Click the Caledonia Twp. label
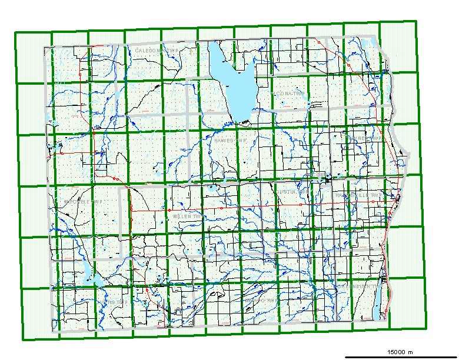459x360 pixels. [156, 51]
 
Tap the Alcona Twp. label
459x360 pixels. [286, 94]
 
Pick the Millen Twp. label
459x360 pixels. [188, 216]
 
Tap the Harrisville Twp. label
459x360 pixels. [351, 194]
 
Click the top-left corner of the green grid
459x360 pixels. [15, 33]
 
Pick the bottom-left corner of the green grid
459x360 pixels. [24, 339]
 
